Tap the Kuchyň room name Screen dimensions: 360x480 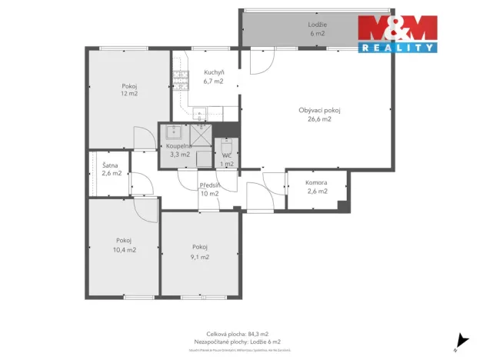[203, 72]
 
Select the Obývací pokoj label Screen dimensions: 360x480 [319, 110]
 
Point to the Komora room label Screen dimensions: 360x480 [316, 182]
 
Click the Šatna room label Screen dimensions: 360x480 [110, 165]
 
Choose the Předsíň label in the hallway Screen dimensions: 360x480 [210, 185]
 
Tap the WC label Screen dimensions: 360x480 [227, 155]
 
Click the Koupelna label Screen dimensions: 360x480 [178, 145]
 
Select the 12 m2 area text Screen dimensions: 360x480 [128, 94]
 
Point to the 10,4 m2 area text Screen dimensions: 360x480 [124, 249]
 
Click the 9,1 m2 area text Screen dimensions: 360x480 [201, 257]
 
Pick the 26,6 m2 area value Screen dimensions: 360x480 [319, 119]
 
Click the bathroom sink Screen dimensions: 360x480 [175, 132]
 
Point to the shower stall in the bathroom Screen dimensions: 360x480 [202, 134]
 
